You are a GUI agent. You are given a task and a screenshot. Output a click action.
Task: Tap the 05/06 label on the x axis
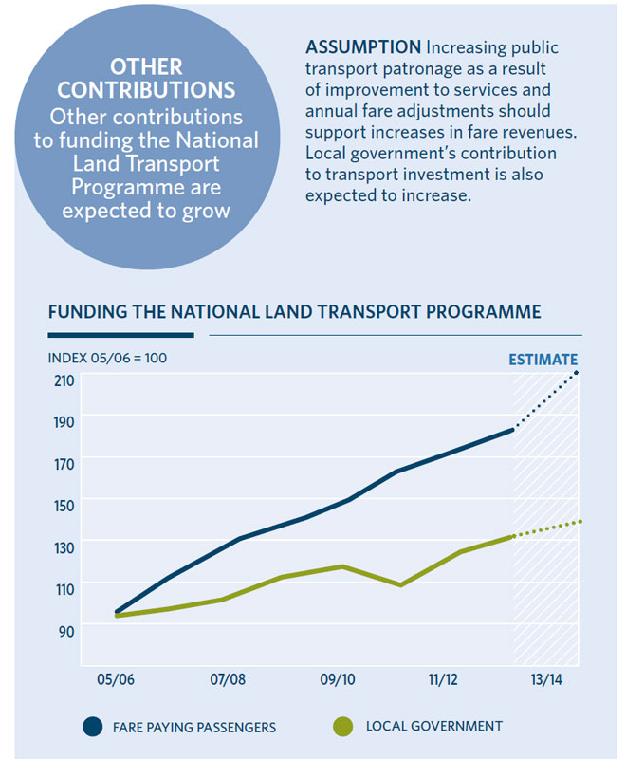pyautogui.click(x=115, y=679)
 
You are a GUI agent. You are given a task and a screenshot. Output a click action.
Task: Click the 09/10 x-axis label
pyautogui.click(x=337, y=679)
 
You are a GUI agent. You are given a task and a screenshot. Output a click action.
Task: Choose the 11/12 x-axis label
pyautogui.click(x=444, y=679)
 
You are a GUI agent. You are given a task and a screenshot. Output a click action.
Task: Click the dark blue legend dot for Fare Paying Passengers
pyautogui.click(x=92, y=727)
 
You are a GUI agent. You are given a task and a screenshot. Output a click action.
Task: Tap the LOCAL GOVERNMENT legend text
pyautogui.click(x=433, y=727)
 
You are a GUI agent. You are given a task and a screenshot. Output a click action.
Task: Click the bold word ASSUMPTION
pyautogui.click(x=363, y=47)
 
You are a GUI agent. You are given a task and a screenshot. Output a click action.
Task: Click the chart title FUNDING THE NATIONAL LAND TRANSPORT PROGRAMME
pyautogui.click(x=294, y=311)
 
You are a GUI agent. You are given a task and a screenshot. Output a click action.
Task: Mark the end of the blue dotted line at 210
pyautogui.click(x=579, y=372)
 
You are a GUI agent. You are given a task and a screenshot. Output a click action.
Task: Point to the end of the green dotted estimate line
pyautogui.click(x=580, y=521)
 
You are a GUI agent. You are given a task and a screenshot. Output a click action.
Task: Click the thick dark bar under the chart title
pyautogui.click(x=120, y=335)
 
